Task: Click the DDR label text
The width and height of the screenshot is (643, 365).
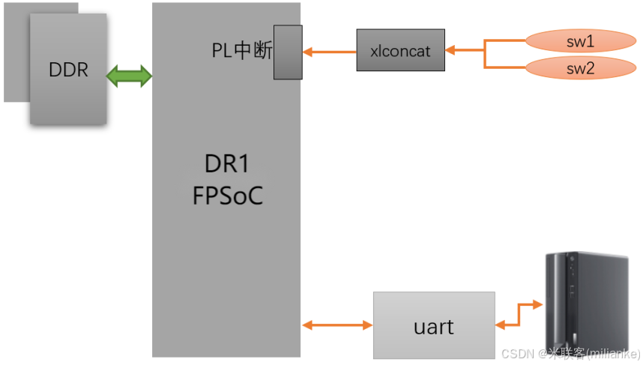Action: coord(68,70)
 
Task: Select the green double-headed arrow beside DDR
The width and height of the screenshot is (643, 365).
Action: coord(130,76)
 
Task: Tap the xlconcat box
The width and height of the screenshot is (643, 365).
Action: coord(400,51)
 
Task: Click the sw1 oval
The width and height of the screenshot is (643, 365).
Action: coord(580,40)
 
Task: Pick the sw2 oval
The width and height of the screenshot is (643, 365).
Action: coord(580,69)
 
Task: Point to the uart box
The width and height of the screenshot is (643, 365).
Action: coord(434,326)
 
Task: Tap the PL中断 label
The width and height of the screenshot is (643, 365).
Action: coord(241,52)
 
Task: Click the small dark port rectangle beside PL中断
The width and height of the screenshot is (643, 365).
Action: coord(288,52)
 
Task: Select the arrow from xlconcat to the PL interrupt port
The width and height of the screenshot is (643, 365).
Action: coord(330,52)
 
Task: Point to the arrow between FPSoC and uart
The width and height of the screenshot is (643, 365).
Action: coord(337,325)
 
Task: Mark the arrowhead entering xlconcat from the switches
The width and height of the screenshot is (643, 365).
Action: coord(450,51)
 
